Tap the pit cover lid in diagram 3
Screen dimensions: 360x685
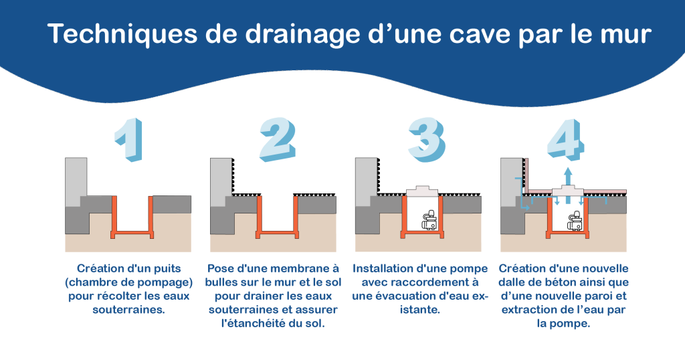pos(423,191)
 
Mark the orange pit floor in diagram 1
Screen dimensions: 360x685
pos(132,233)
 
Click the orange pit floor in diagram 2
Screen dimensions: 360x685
pos(278,233)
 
